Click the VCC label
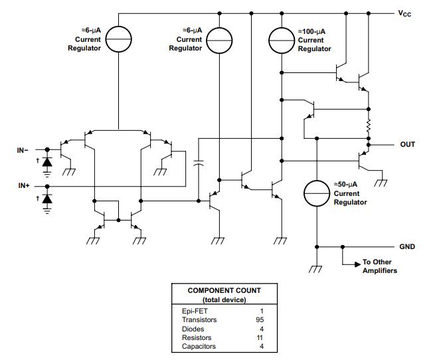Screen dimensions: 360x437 406,13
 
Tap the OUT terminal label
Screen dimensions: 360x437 408,143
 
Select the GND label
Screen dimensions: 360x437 407,246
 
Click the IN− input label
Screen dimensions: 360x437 23,149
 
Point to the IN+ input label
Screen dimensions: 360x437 23,187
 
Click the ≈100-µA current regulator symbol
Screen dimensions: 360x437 282,41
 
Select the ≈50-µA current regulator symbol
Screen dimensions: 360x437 317,193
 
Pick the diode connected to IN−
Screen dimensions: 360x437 46,161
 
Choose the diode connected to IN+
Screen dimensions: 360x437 46,199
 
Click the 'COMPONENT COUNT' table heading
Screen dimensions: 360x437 224,290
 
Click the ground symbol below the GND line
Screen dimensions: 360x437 317,269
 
